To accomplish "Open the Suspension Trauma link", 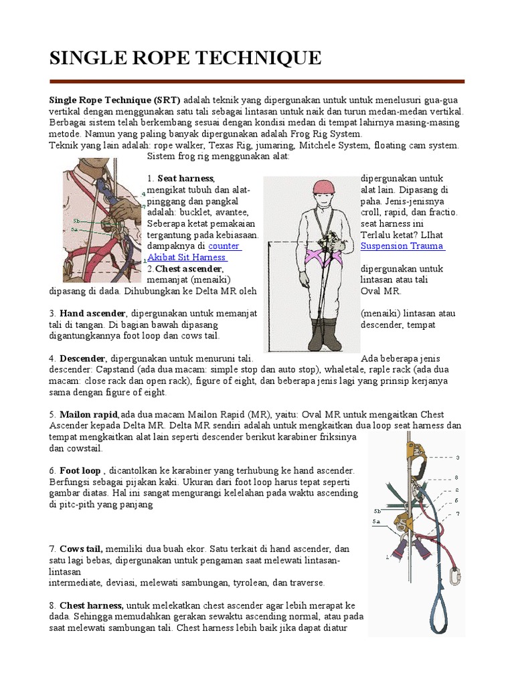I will click(402, 246).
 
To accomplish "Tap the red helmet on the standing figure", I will click(325, 187).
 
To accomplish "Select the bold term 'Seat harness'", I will click(185, 179).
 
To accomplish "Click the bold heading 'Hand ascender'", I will click(92, 313).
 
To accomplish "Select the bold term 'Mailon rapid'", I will click(89, 415).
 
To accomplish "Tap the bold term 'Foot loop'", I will click(80, 471).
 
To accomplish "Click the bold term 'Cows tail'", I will click(81, 549).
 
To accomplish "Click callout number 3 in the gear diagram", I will click(458, 458).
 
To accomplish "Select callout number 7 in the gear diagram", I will click(458, 514).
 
